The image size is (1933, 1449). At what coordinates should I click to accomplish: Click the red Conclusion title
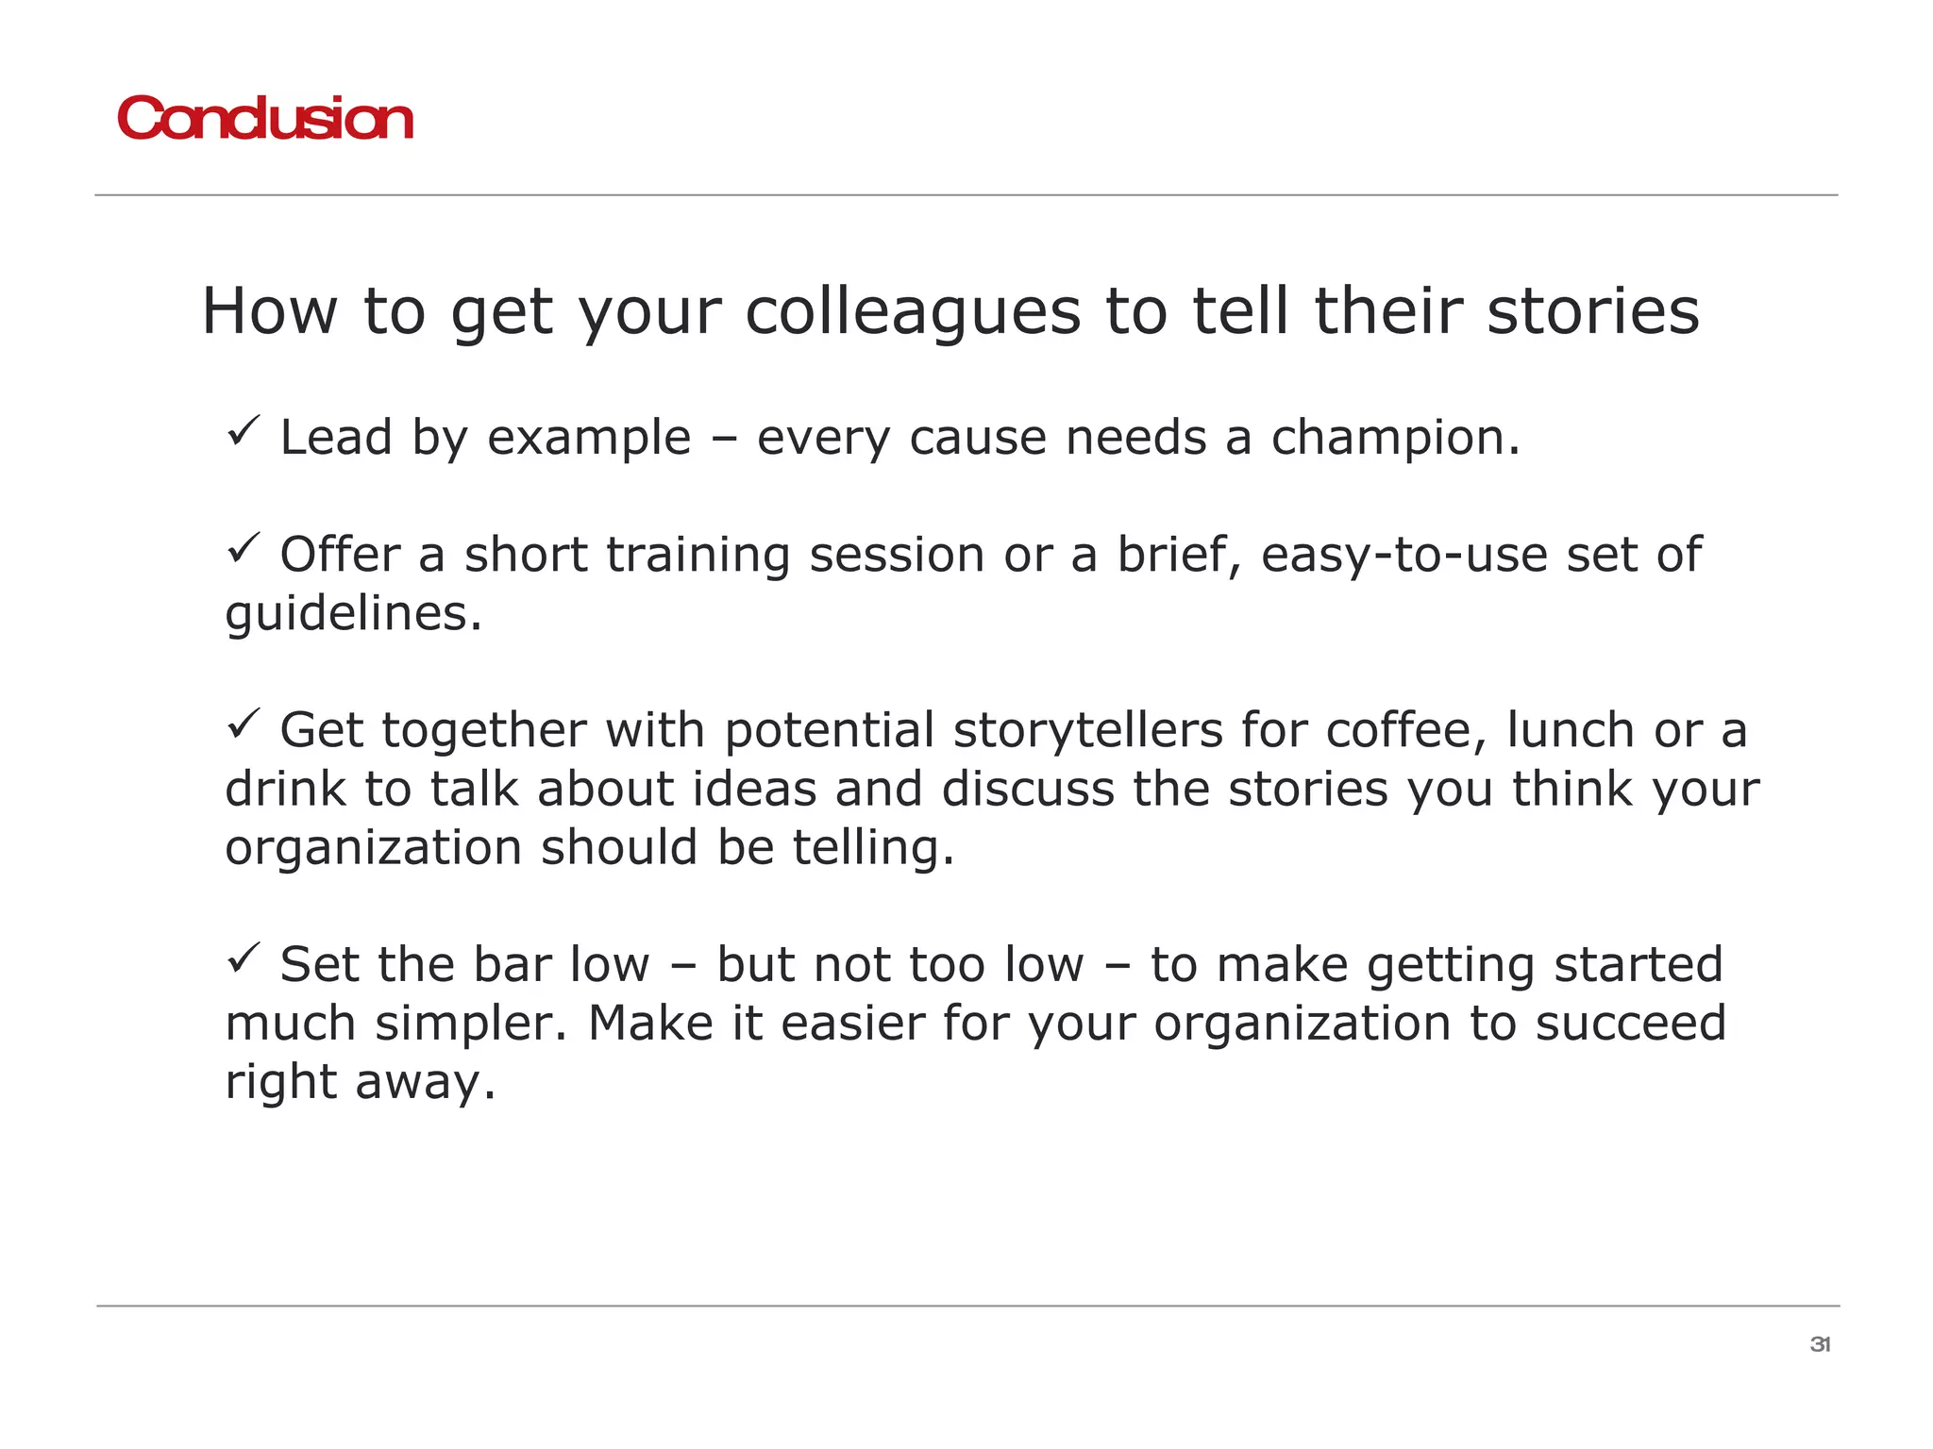click(265, 120)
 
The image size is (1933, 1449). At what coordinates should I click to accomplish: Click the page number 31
click(1820, 1344)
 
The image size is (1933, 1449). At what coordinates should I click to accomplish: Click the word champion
click(1395, 439)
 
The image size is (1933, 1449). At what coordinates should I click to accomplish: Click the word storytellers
click(1087, 730)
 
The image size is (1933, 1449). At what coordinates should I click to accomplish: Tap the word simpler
click(472, 1024)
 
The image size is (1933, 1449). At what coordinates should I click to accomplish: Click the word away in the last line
click(425, 1082)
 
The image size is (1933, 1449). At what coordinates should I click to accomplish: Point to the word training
click(698, 555)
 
